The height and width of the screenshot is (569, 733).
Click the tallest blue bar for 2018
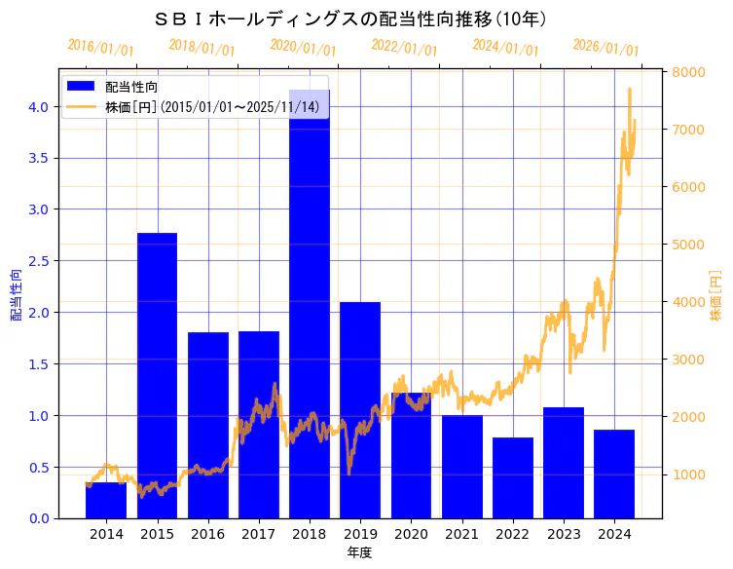tap(310, 322)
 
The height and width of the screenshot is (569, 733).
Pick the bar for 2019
tap(360, 409)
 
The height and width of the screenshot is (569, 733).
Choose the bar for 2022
tap(512, 477)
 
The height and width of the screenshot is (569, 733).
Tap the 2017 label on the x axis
tap(258, 534)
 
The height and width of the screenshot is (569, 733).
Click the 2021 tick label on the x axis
tap(461, 534)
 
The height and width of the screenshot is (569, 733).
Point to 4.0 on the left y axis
tap(37, 106)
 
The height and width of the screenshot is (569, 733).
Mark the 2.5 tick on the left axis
tap(37, 261)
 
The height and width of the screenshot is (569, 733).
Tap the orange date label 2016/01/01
tap(100, 48)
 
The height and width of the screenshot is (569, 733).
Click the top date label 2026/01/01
tap(605, 48)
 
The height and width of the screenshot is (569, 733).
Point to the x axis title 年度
tap(359, 553)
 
